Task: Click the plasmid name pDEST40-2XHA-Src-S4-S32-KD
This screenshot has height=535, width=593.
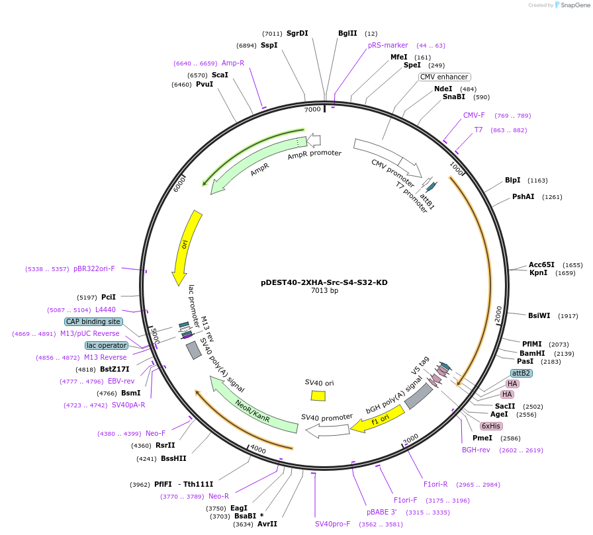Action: (x=324, y=282)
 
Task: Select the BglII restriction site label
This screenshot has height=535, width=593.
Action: (x=347, y=33)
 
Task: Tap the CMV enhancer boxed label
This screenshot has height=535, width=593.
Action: (x=444, y=77)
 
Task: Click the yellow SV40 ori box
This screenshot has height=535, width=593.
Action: (x=318, y=395)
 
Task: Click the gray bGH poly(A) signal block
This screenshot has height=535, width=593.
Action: (x=418, y=396)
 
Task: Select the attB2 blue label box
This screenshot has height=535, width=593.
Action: (x=521, y=373)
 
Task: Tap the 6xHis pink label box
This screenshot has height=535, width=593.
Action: (x=491, y=426)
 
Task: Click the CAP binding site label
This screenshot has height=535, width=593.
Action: (x=93, y=321)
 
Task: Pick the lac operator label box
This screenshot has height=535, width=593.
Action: (x=106, y=345)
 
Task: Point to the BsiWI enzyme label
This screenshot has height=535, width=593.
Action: (x=539, y=315)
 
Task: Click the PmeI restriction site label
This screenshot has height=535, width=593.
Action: (x=482, y=438)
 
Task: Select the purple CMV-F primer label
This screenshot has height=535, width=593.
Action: (x=474, y=115)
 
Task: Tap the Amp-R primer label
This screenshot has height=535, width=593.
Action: (x=233, y=63)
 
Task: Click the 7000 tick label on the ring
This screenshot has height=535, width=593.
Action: (x=312, y=109)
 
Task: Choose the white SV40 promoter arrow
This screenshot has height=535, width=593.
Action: (x=327, y=431)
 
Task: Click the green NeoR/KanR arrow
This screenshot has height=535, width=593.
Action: (x=253, y=405)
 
